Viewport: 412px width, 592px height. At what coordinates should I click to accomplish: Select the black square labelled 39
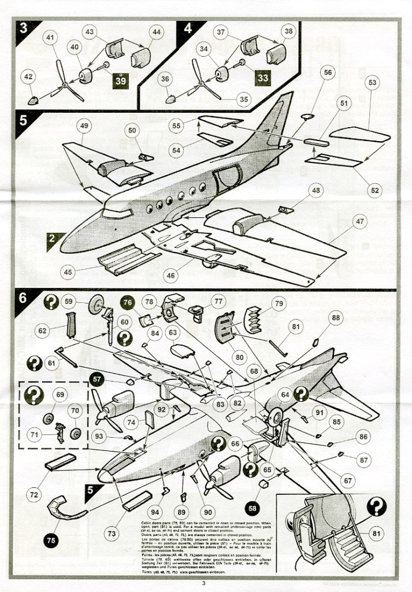[x=120, y=81]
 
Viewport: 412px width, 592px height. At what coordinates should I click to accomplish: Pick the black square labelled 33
[x=262, y=77]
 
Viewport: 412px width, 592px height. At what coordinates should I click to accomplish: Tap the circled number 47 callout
[x=360, y=222]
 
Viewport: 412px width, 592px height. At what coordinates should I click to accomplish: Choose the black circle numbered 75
[x=51, y=541]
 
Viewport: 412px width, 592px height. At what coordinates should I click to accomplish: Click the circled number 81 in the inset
[x=374, y=534]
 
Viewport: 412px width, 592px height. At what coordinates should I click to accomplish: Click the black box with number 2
[x=52, y=238]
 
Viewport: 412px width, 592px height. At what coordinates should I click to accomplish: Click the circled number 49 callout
[x=84, y=125]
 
